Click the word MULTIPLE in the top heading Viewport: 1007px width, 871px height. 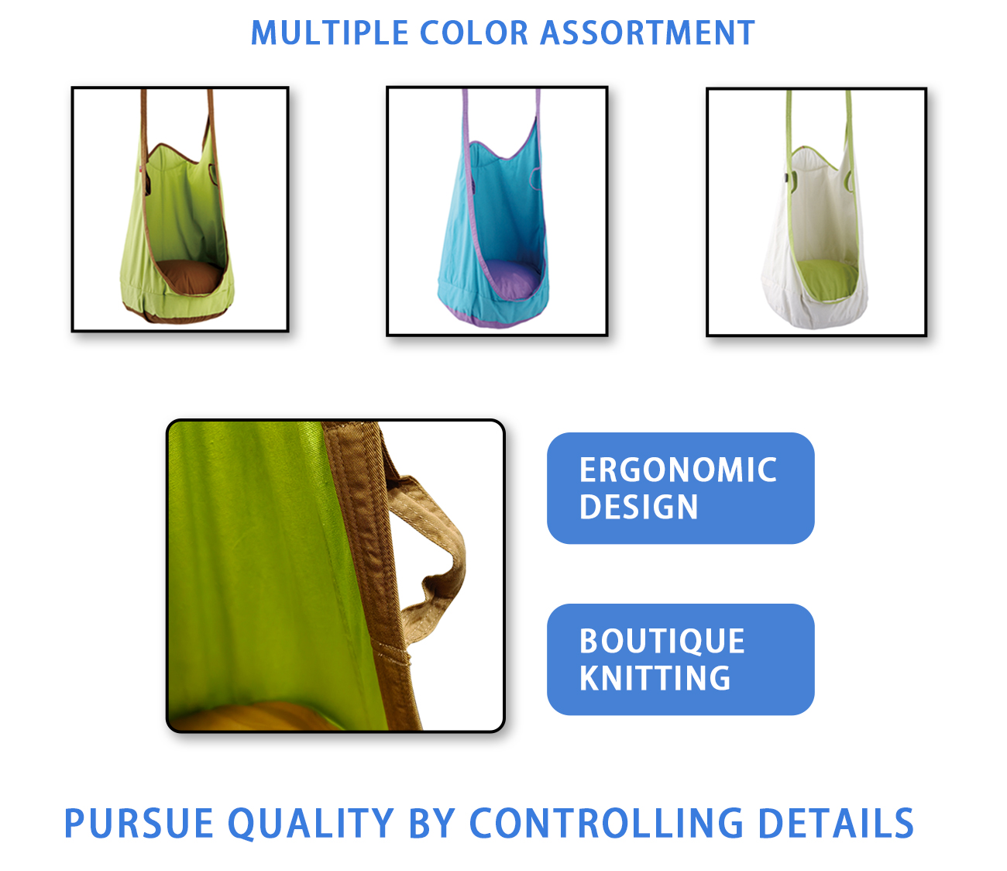click(x=329, y=33)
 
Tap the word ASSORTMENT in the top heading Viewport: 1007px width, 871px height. click(x=648, y=33)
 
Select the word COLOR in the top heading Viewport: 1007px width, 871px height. click(x=474, y=33)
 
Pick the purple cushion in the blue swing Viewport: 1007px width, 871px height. click(x=511, y=279)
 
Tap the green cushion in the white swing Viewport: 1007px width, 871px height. click(x=827, y=280)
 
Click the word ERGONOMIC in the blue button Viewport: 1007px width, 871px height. click(x=678, y=470)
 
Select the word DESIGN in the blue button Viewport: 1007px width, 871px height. click(x=639, y=507)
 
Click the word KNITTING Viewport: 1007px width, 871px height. click(x=655, y=678)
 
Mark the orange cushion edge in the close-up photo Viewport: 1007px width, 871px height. click(x=253, y=717)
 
